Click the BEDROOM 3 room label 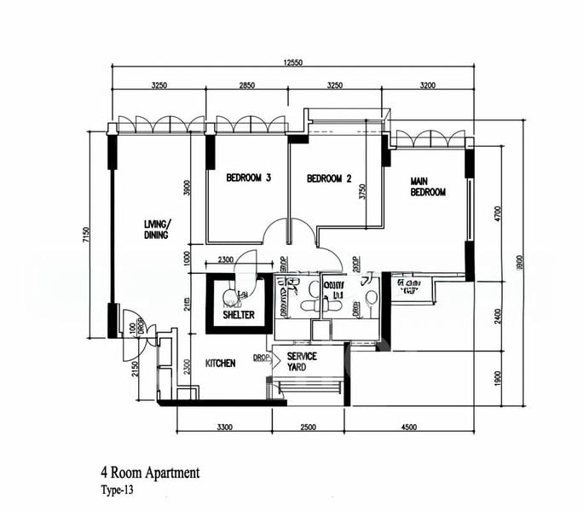[x=248, y=178]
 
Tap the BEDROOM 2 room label [x=329, y=178]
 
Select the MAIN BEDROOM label [x=428, y=187]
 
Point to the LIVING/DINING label [x=156, y=230]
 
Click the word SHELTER [x=239, y=315]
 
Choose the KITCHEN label [x=220, y=364]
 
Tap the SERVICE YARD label [x=302, y=362]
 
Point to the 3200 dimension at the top [x=428, y=85]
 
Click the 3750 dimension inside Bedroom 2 [x=362, y=193]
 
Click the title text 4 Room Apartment [x=149, y=472]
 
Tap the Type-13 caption [x=117, y=491]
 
